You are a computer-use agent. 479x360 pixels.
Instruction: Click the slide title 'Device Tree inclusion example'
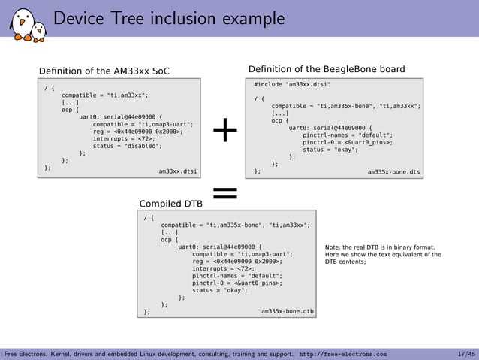click(x=169, y=18)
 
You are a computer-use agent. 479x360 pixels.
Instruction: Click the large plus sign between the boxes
click(x=224, y=132)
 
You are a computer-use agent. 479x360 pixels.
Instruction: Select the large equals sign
click(x=224, y=195)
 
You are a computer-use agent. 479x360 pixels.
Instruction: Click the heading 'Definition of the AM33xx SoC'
click(x=104, y=71)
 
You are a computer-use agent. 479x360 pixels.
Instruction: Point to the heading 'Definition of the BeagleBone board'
click(x=326, y=69)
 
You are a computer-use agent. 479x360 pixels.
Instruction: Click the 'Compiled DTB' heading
click(x=171, y=203)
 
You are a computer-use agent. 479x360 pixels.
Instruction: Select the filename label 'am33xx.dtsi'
click(x=178, y=171)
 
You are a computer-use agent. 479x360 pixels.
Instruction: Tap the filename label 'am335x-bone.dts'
click(x=393, y=172)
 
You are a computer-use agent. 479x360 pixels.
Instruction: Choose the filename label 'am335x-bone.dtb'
click(x=288, y=310)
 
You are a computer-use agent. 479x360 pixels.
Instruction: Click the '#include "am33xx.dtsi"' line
click(x=292, y=85)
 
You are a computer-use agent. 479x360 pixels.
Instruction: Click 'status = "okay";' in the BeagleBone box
click(x=330, y=149)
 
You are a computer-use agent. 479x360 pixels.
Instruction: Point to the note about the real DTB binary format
click(x=383, y=254)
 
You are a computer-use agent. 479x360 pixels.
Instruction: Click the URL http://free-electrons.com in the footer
click(x=343, y=353)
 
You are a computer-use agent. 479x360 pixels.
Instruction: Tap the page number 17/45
click(x=465, y=353)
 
